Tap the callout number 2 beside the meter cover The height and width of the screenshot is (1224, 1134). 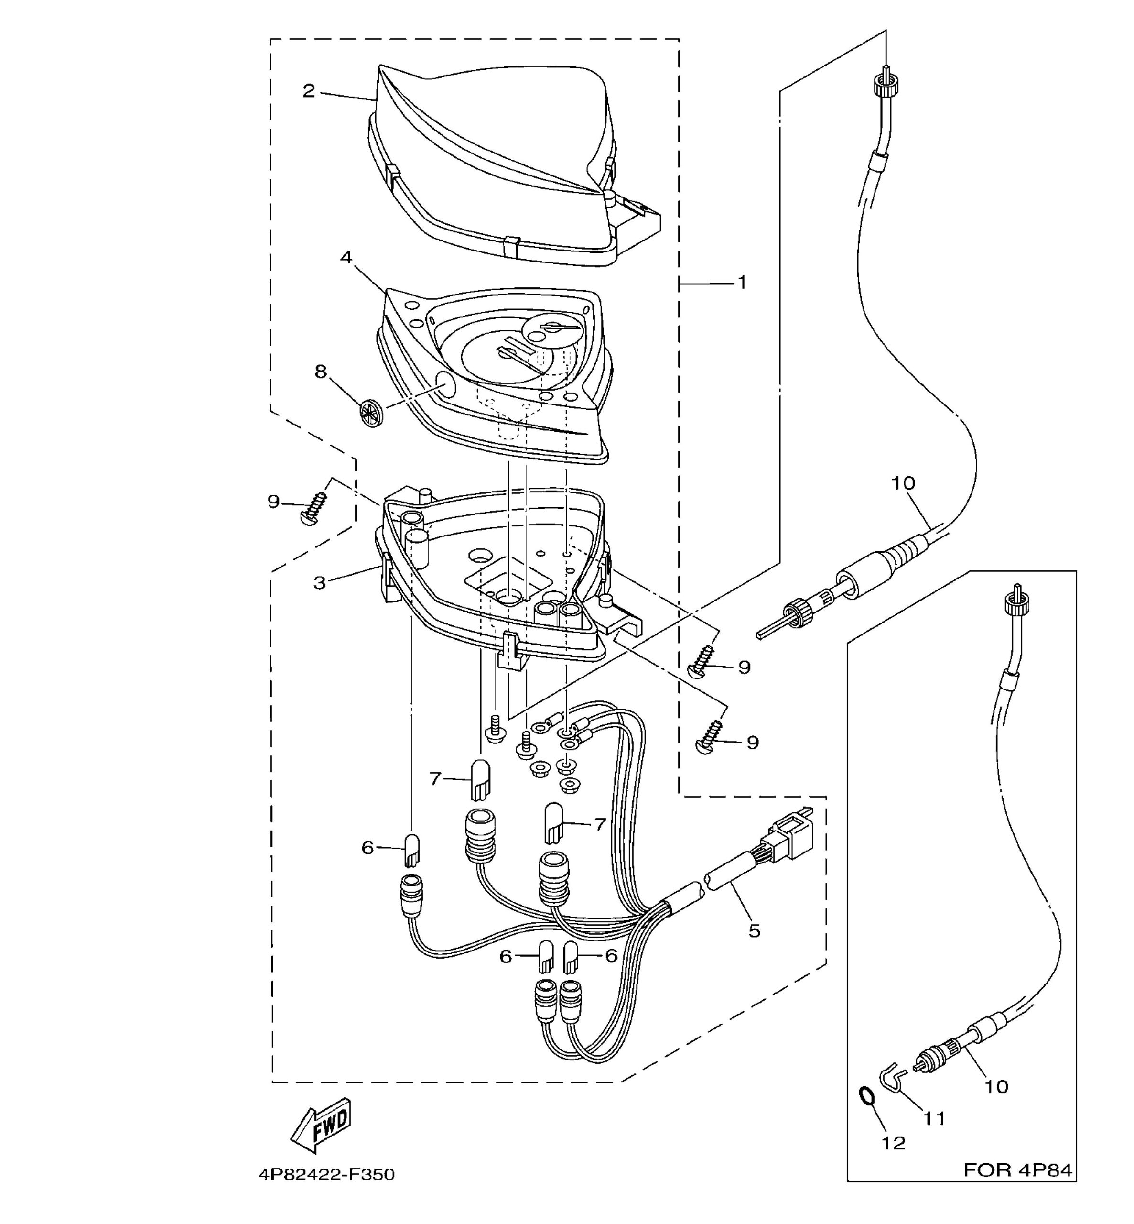309,91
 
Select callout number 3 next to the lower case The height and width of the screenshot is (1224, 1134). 319,582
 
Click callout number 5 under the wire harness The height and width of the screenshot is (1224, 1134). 754,930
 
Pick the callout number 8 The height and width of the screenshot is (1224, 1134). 321,372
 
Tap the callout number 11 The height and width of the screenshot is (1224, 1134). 935,1119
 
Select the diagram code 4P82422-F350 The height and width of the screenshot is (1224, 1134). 326,1175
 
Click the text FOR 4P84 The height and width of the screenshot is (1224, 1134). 1018,1170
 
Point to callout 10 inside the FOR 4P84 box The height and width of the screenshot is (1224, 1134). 996,1086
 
